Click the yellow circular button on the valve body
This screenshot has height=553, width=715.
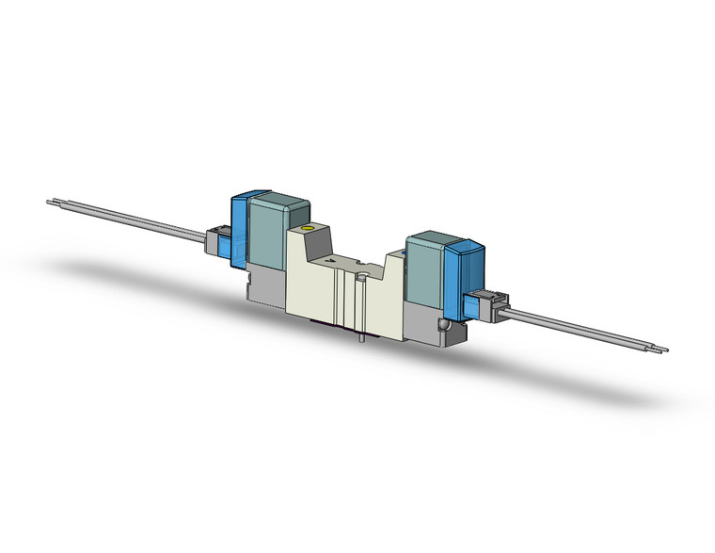click(x=304, y=231)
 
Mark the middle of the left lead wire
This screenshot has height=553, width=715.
click(x=132, y=218)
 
